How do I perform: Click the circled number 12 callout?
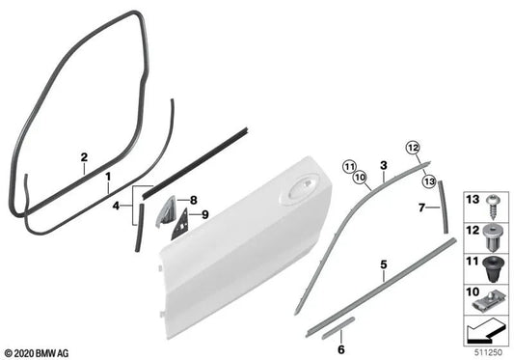[x=413, y=148]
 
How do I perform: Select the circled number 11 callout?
[x=349, y=167]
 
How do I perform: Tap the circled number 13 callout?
[x=429, y=181]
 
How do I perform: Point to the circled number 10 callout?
[x=360, y=178]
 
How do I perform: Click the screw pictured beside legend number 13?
[x=492, y=207]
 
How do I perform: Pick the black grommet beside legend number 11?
[x=492, y=269]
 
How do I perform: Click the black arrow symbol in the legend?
[x=486, y=331]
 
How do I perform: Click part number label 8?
[x=194, y=200]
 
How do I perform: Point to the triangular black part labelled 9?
[x=179, y=224]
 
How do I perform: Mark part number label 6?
[x=341, y=349]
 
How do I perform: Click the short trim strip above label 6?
[x=338, y=327]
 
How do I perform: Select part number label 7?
[x=421, y=208]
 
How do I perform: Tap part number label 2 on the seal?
[x=84, y=157]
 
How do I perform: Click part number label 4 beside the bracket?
[x=116, y=207]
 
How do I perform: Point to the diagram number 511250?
[x=488, y=353]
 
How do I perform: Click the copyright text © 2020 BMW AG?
[x=37, y=353]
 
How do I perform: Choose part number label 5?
[x=384, y=264]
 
